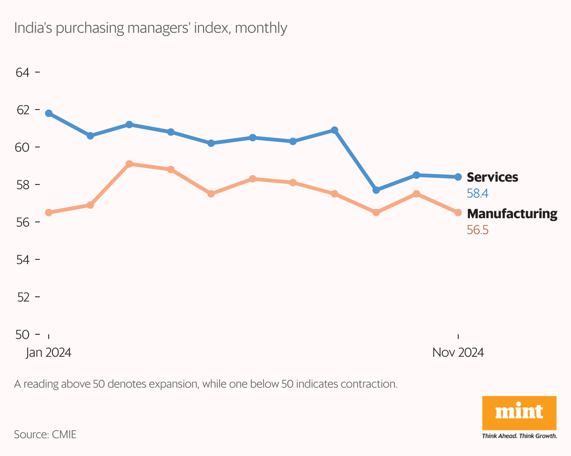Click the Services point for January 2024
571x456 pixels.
49,113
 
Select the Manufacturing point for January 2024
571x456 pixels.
49,213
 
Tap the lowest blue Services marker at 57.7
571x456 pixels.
376,190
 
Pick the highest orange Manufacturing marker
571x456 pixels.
129,164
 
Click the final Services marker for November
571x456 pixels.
458,177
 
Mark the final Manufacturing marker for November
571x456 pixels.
458,213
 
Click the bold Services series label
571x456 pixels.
492,177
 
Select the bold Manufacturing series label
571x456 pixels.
512,214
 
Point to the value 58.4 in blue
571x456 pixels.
478,193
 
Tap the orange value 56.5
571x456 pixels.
478,230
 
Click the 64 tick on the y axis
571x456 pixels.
22,73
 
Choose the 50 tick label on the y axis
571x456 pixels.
22,334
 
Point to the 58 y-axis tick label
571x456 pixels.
22,184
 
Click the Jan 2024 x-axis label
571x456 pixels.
49,353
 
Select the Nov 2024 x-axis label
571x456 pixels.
458,353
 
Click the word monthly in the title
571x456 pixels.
261,28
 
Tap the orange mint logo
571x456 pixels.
519,412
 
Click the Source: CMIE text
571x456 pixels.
45,434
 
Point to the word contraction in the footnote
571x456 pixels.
369,385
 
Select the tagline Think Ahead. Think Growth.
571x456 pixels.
519,436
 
